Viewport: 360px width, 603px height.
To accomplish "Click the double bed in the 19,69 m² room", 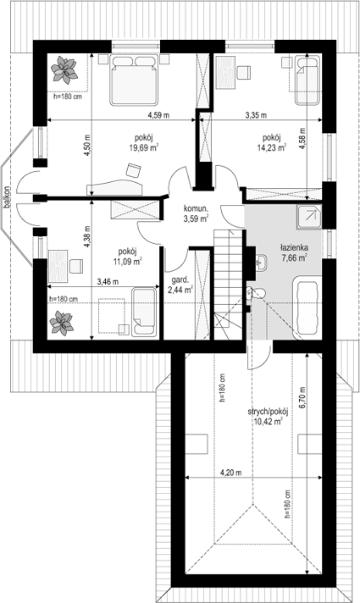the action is [134, 80].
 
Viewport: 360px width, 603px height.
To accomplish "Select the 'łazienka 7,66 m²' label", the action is [294, 253].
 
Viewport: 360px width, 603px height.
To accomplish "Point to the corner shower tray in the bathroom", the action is [308, 217].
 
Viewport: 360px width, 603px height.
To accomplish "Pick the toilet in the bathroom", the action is [255, 294].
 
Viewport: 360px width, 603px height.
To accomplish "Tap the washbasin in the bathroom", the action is [261, 263].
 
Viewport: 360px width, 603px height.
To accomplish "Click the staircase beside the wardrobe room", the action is [229, 285].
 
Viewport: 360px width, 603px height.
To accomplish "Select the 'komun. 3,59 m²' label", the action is [196, 213].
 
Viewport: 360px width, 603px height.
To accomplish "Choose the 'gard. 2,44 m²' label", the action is [180, 285].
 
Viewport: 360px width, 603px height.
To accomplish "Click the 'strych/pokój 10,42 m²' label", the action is [268, 416].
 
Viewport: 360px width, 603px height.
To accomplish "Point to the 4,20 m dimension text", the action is [230, 473].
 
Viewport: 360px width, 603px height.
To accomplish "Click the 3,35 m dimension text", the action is [256, 115].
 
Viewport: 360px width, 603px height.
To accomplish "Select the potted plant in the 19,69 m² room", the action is [64, 70].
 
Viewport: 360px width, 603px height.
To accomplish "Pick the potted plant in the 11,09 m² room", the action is [61, 323].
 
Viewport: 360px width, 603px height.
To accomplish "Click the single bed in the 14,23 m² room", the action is [307, 80].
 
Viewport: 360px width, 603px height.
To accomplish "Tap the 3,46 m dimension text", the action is [108, 282].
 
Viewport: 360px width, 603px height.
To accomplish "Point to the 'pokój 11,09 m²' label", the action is [128, 256].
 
